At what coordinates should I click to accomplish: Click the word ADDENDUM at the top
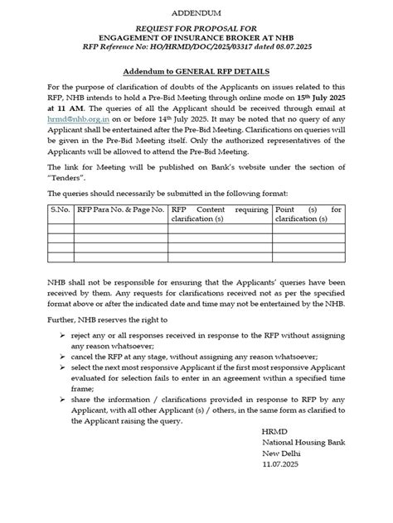coord(196,14)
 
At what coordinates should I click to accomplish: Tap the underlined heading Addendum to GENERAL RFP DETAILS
coord(196,72)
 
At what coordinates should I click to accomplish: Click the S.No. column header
coord(60,210)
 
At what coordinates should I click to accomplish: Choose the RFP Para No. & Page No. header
coord(119,210)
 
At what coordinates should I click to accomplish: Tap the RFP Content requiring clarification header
coord(220,215)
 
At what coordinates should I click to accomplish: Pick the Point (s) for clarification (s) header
coord(308,215)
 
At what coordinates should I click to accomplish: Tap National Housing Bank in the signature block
coord(296,468)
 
